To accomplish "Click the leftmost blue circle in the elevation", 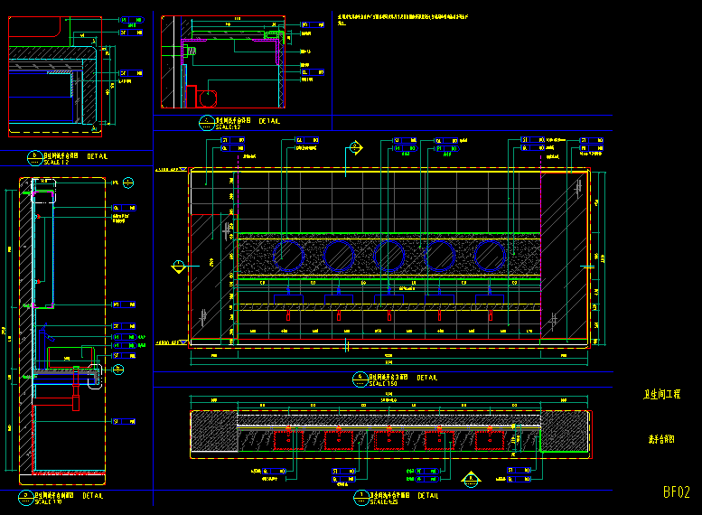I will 290,256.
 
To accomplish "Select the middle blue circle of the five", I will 390,256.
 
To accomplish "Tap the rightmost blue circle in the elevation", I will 491,256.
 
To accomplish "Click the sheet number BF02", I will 676,492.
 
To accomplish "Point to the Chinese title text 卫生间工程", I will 661,395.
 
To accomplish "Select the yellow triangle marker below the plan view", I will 469,478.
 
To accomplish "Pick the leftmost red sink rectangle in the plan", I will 288,439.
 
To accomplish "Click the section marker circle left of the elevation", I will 179,266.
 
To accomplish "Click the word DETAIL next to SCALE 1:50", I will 427,378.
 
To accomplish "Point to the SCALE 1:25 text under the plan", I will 382,501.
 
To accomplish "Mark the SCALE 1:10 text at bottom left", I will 48,501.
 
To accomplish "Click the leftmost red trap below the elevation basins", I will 288,315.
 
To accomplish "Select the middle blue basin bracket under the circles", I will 390,296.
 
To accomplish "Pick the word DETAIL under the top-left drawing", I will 98,156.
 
